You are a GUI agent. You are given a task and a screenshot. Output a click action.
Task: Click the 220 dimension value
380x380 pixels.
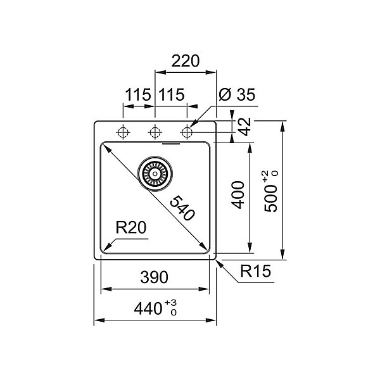point(186,61)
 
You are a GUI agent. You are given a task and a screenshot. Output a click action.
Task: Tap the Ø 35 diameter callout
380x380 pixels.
point(237,94)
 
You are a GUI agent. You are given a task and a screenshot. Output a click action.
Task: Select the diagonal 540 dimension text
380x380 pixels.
point(182,208)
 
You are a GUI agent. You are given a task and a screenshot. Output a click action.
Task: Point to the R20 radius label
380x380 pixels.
point(131,227)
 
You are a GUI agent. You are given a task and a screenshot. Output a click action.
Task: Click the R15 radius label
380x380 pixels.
point(255,271)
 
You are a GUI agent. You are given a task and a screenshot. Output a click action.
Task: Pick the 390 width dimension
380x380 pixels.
point(154,277)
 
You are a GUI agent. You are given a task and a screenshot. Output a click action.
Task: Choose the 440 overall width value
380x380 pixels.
point(148,309)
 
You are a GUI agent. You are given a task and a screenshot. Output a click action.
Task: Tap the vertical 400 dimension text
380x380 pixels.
point(237,195)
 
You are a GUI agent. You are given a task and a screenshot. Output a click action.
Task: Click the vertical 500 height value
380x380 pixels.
point(270,199)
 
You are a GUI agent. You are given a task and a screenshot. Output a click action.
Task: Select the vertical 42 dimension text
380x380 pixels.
point(244,127)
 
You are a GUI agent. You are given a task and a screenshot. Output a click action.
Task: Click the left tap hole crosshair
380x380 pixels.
point(123,132)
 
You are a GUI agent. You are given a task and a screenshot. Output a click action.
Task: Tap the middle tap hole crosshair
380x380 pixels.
point(155,132)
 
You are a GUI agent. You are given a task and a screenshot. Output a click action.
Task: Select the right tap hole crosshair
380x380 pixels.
point(187,132)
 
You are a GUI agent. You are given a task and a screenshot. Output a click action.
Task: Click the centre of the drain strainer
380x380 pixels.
point(155,174)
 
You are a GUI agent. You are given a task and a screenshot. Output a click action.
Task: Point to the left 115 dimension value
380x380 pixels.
point(138,94)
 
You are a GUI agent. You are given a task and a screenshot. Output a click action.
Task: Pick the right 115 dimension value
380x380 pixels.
point(172,94)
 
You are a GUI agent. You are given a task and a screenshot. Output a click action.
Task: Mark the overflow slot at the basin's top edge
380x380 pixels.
point(171,144)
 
